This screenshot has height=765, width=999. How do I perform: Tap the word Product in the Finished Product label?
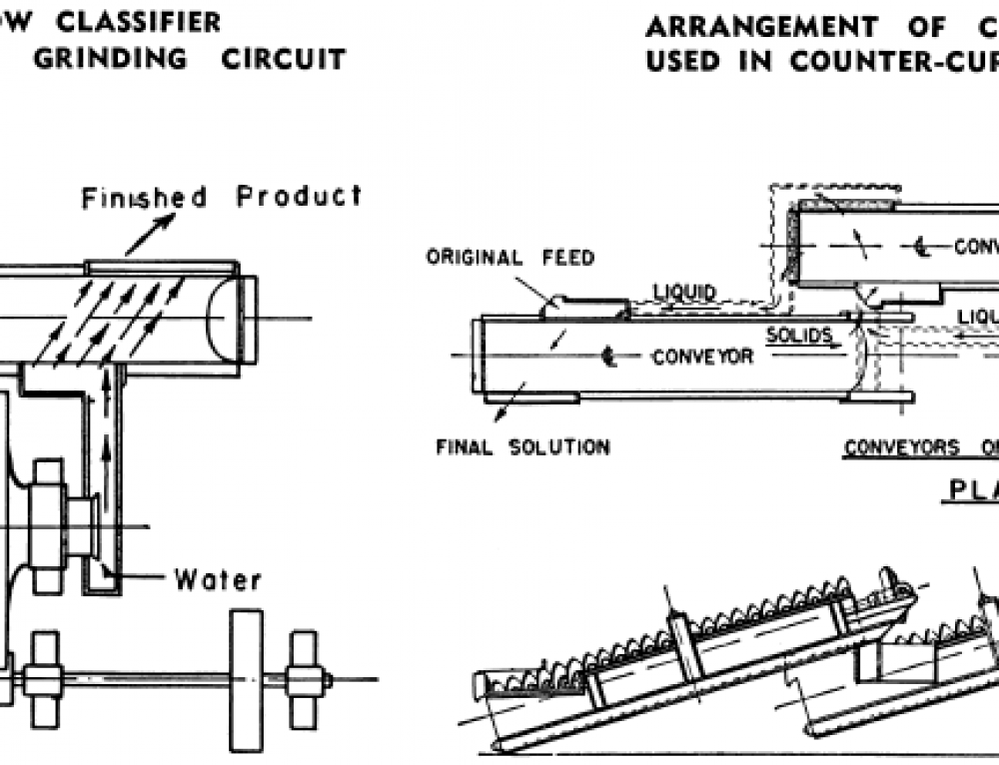click(x=299, y=196)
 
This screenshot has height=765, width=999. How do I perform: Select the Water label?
click(x=218, y=579)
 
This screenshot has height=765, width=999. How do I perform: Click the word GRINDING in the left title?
click(x=111, y=58)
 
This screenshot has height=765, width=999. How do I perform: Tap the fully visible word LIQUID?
click(x=684, y=292)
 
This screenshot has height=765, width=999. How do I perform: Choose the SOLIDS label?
click(x=799, y=336)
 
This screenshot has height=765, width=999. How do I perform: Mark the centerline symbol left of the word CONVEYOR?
click(x=607, y=357)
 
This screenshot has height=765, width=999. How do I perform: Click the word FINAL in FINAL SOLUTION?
click(x=466, y=447)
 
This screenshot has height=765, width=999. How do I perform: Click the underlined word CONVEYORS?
click(x=900, y=448)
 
